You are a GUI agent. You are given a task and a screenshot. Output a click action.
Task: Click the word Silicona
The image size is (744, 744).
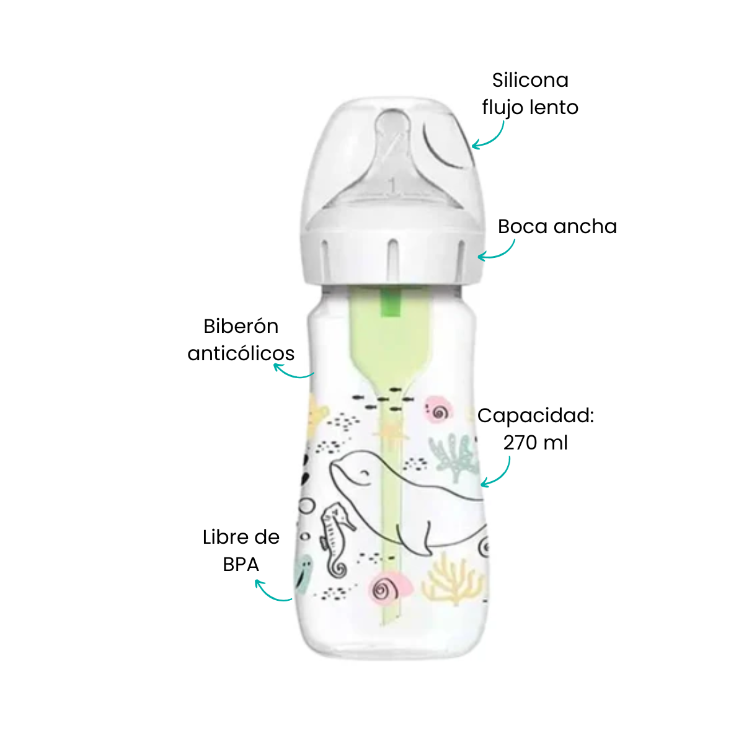point(529,81)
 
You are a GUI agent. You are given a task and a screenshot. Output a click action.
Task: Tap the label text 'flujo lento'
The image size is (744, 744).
point(529,107)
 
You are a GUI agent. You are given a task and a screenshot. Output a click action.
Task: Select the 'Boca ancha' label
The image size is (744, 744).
point(557,226)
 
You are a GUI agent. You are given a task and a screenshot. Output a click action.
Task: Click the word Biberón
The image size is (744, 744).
point(241,326)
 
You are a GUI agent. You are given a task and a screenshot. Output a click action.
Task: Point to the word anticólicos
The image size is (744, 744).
point(241,353)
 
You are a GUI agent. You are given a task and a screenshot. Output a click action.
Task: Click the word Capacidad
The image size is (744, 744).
point(536,416)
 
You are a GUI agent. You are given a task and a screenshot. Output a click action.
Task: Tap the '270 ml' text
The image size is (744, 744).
point(536,443)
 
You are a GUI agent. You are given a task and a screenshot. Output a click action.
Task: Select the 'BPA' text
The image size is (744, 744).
point(241,565)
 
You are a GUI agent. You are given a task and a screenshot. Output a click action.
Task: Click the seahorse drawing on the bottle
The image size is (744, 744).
point(336,540)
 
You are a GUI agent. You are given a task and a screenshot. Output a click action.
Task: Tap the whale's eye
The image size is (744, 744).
point(363,473)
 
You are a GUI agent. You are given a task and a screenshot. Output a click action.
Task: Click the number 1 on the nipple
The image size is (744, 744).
point(392,187)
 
